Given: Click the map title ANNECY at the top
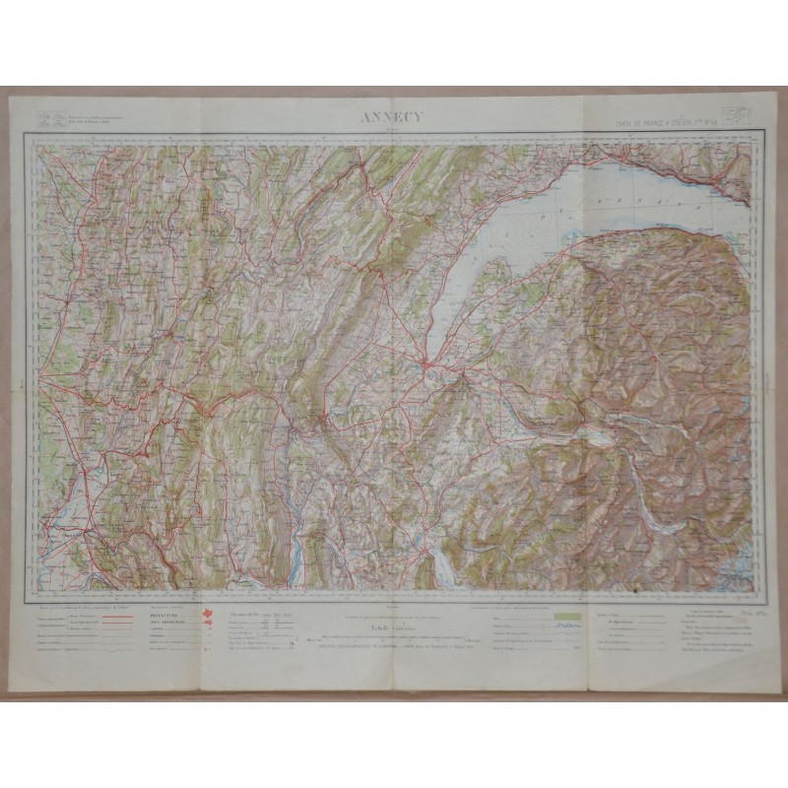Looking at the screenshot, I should click(x=392, y=115).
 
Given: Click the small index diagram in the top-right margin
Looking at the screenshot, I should click(x=735, y=115).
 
